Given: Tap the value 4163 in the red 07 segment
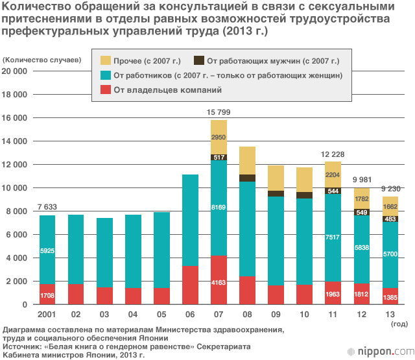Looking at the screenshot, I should click(219, 283).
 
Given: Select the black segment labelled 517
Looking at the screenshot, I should click(219, 157).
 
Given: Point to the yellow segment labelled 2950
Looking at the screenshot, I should click(219, 137).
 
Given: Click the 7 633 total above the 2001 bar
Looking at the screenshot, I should click(47, 207).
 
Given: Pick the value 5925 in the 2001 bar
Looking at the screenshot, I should click(47, 250).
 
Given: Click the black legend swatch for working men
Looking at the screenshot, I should click(199, 61).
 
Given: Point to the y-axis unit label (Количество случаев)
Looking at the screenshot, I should click(41, 59).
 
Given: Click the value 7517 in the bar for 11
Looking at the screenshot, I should click(333, 237).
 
